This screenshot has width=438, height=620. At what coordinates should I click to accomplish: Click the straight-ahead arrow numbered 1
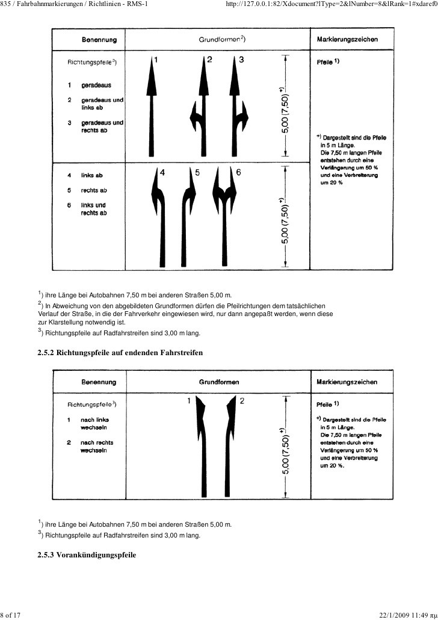pos(150,108)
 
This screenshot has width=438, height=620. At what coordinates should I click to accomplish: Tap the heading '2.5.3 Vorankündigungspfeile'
pos(87,554)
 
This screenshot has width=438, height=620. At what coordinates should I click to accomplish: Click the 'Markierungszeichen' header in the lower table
pos(347,382)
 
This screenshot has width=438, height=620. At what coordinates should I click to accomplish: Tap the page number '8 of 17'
pos(11,614)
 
